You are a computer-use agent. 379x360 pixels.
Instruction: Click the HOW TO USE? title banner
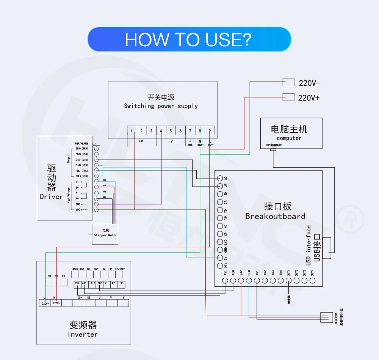[x=189, y=39]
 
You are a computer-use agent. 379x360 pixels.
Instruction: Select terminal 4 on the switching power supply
[x=161, y=131]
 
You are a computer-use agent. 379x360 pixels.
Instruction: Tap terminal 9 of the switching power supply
[x=210, y=131]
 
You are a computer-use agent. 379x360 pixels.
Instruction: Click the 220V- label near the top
[x=310, y=83]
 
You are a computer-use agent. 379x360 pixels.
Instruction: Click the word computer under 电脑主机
[x=289, y=138]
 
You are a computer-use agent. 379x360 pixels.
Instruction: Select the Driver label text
[x=51, y=197]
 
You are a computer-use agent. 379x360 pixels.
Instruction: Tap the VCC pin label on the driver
[x=78, y=209]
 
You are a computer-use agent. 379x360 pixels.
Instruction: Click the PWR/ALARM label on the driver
[x=81, y=143]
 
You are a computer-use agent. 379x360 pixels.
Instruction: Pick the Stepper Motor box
[x=105, y=234]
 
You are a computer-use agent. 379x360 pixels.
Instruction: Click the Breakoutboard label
[x=275, y=216]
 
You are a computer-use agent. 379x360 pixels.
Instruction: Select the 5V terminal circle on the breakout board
[x=220, y=258]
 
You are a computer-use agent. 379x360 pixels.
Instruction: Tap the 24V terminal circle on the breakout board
[x=241, y=281]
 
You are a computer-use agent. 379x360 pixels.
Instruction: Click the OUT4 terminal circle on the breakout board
[x=312, y=281]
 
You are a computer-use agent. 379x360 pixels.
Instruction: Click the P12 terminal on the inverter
[x=77, y=283]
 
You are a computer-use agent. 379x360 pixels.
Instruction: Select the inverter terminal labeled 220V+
[x=45, y=303]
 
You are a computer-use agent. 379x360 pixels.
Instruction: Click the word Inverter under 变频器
[x=83, y=334]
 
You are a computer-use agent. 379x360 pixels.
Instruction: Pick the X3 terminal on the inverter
[x=121, y=283]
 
